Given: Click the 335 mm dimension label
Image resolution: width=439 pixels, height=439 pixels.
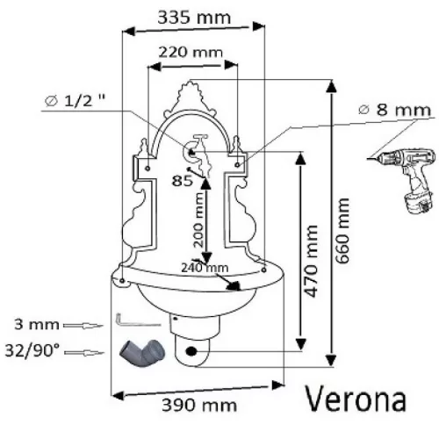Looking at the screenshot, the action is [194, 18].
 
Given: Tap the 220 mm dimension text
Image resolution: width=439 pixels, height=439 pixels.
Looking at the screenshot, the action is [191, 53].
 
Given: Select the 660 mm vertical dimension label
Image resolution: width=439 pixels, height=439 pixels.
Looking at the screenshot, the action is [342, 231].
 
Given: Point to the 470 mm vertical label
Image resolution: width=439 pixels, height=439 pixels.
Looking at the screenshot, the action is [311, 261].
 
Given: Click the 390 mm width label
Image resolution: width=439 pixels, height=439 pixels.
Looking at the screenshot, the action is [199, 406].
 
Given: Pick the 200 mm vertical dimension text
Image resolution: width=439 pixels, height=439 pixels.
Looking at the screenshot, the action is [198, 219].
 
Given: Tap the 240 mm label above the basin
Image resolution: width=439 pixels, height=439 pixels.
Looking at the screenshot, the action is [205, 268].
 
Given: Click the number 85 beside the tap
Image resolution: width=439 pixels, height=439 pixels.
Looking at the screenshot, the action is [182, 181].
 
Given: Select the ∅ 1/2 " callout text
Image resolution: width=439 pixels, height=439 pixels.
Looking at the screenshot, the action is [75, 101].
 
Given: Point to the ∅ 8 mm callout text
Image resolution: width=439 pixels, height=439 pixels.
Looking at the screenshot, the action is [395, 110].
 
